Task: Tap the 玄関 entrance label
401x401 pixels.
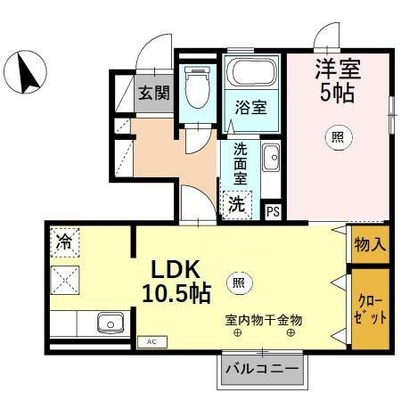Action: click(153, 92)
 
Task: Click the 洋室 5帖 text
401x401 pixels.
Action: click(337, 78)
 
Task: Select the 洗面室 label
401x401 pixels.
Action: click(241, 164)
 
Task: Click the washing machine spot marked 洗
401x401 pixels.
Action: click(236, 203)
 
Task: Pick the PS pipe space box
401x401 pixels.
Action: click(274, 211)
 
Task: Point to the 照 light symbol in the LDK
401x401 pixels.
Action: click(237, 282)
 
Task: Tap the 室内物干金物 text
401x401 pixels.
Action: click(265, 318)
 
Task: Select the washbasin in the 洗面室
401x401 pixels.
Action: click(272, 160)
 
